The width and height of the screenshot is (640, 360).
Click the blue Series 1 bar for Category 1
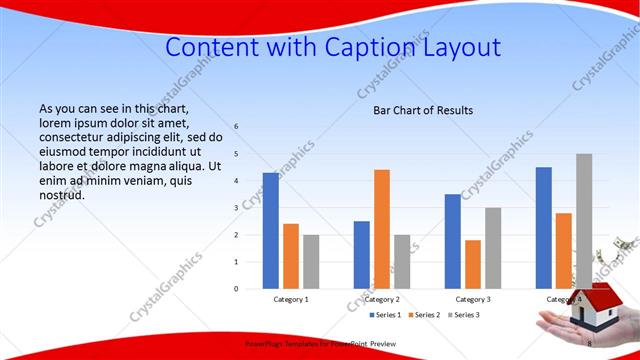[271, 231]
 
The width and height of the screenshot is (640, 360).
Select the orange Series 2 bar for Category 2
[382, 229]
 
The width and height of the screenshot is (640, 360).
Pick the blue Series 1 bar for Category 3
[453, 241]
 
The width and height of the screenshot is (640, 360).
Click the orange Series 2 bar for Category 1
[291, 256]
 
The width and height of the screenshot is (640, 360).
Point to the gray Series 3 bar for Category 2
[402, 261]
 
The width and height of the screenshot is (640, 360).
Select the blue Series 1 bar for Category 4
[544, 228]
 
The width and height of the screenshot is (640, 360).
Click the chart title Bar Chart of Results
[423, 110]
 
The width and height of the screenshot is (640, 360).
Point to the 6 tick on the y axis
[237, 127]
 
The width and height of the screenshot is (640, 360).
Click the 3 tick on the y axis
[237, 208]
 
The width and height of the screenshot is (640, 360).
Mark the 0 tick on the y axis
[237, 289]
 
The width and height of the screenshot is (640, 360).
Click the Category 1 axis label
[291, 299]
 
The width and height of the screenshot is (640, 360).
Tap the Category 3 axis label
[473, 299]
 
